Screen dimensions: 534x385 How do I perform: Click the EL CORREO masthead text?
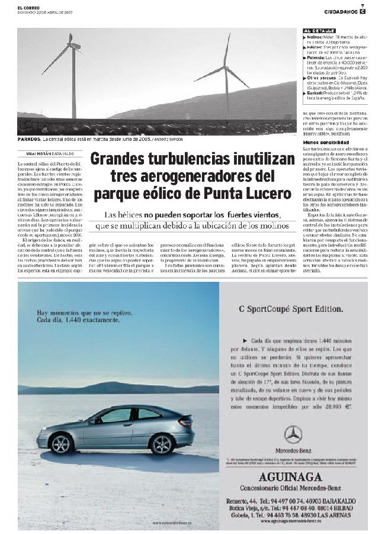point(28,7)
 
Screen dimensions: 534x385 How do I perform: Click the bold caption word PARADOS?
point(29,139)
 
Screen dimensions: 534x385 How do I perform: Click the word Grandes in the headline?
point(121,159)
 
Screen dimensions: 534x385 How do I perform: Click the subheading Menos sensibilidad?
point(326,143)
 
